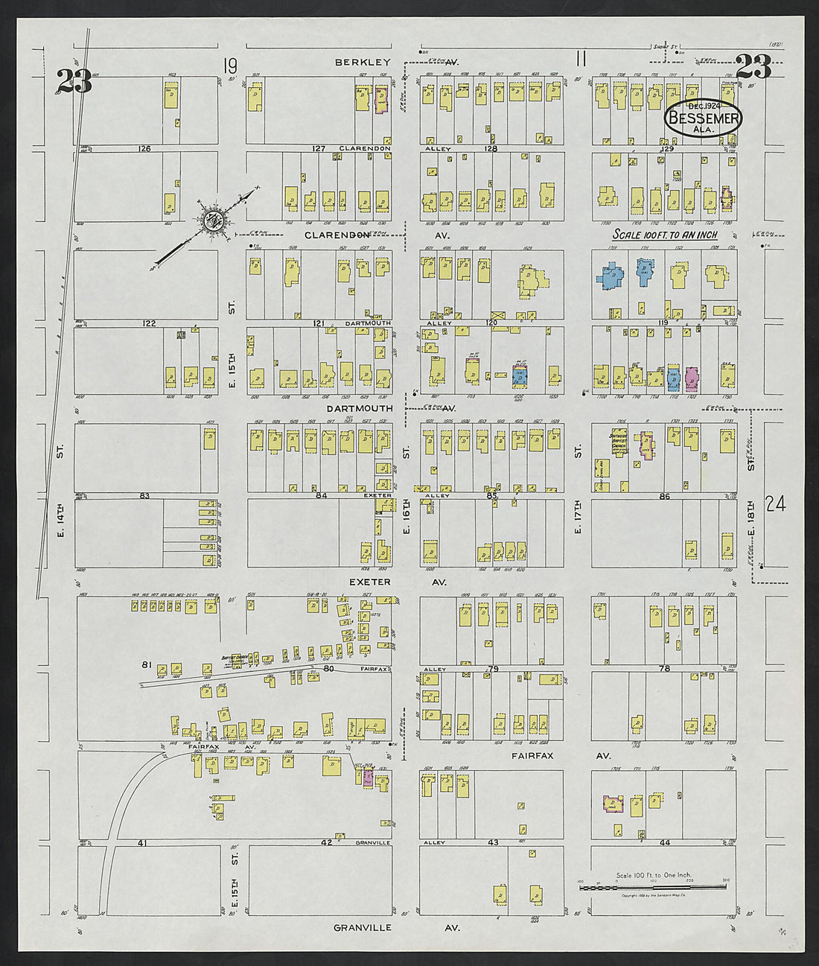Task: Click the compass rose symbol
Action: (213, 220)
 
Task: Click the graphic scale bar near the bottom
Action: (652, 886)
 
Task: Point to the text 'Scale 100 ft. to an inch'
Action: (664, 235)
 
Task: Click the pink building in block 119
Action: (692, 378)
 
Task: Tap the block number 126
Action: (144, 149)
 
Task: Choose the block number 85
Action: (491, 495)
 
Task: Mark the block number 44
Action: (664, 842)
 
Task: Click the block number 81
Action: (146, 664)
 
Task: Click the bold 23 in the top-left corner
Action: (74, 80)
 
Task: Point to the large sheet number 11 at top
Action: (581, 58)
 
